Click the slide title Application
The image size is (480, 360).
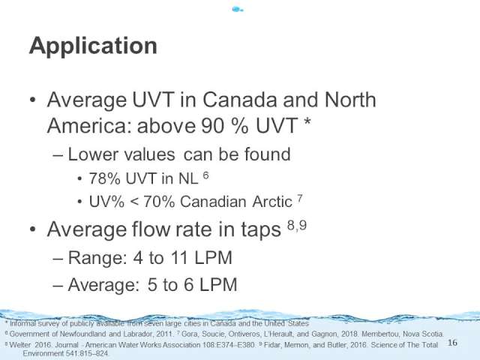(93, 46)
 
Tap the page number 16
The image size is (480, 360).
(452, 343)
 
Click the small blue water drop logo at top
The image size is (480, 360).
(238, 10)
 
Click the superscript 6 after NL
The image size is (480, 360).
(205, 175)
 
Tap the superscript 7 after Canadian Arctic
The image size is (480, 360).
(300, 199)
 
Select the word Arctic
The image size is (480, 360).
(272, 202)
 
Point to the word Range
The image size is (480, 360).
(97, 258)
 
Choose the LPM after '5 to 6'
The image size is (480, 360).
(218, 285)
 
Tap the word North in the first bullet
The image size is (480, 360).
(350, 100)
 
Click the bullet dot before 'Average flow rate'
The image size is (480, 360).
(33, 229)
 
